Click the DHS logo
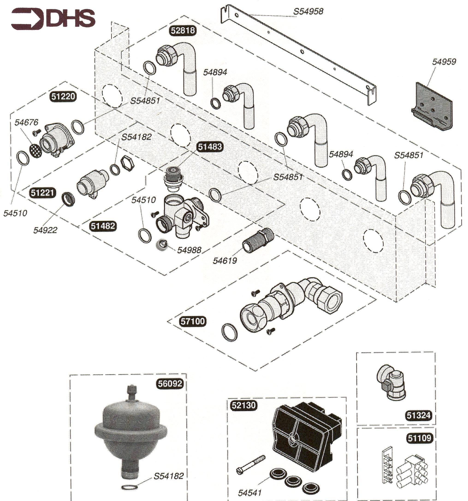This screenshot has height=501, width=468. pyautogui.click(x=53, y=19)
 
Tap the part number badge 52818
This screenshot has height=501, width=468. pyautogui.click(x=183, y=30)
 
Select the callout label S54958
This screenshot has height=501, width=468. pyautogui.click(x=308, y=11)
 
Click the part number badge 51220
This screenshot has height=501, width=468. pyautogui.click(x=63, y=96)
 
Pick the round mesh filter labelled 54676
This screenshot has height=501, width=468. pyautogui.click(x=36, y=151)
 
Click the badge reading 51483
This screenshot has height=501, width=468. pyautogui.click(x=210, y=147)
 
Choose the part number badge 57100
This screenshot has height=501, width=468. pyautogui.click(x=193, y=321)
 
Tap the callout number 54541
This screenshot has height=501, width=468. pyautogui.click(x=249, y=492)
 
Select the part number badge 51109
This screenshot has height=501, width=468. pyautogui.click(x=419, y=438)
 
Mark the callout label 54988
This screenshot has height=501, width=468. pyautogui.click(x=189, y=250)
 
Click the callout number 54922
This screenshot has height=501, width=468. pyautogui.click(x=45, y=230)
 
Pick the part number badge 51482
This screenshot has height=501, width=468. pyautogui.click(x=103, y=226)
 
